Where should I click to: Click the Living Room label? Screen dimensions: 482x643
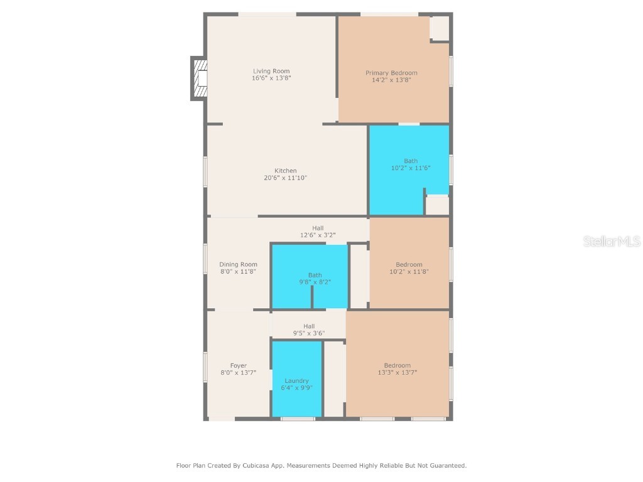pyautogui.click(x=271, y=71)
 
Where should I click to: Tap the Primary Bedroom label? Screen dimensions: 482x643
pyautogui.click(x=391, y=73)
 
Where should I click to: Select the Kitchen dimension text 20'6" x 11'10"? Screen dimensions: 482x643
pyautogui.click(x=285, y=178)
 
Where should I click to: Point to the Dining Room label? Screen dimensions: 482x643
pyautogui.click(x=238, y=264)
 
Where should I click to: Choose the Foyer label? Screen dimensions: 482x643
pyautogui.click(x=238, y=365)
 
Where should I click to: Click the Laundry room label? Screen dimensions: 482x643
pyautogui.click(x=296, y=380)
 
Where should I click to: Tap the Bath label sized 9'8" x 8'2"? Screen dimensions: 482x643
pyautogui.click(x=315, y=275)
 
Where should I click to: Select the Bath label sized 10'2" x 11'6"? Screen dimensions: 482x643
pyautogui.click(x=411, y=161)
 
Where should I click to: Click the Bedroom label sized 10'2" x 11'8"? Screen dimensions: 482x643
pyautogui.click(x=409, y=264)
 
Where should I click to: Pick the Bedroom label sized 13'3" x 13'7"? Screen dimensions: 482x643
pyautogui.click(x=397, y=365)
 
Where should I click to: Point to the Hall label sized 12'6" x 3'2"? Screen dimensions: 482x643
pyautogui.click(x=318, y=228)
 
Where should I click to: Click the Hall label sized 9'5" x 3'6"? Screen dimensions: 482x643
pyautogui.click(x=309, y=326)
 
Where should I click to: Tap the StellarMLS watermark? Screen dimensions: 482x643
pyautogui.click(x=612, y=241)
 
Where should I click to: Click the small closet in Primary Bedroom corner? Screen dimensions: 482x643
pyautogui.click(x=440, y=28)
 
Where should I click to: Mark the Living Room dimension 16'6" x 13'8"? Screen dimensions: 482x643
pyautogui.click(x=271, y=78)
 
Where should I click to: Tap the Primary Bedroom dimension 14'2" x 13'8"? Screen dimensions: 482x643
pyautogui.click(x=391, y=80)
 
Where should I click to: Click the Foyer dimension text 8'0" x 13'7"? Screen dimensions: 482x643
pyautogui.click(x=238, y=373)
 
